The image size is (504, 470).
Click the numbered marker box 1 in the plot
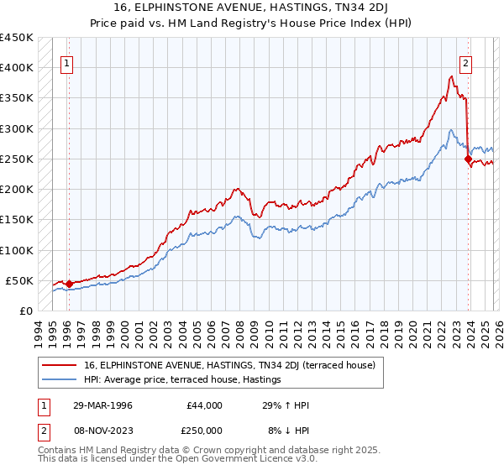click(x=67, y=62)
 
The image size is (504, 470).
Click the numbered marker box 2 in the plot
click(x=465, y=62)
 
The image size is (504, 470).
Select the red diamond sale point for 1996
click(x=69, y=284)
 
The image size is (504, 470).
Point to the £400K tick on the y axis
click(x=17, y=68)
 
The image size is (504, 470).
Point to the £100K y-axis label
click(x=17, y=250)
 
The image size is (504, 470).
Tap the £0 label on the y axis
click(x=24, y=311)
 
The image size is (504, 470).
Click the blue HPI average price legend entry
click(x=182, y=380)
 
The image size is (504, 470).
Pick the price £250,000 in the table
click(x=206, y=430)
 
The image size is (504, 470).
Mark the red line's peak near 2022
click(x=451, y=76)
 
